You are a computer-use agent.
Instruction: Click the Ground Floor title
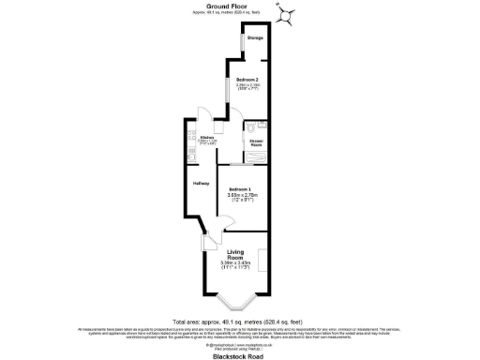pyautogui.click(x=239, y=6)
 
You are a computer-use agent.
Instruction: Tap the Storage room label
pyautogui.click(x=255, y=38)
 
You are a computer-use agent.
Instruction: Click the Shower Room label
pyautogui.click(x=256, y=143)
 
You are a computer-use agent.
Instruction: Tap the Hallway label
pyautogui.click(x=201, y=183)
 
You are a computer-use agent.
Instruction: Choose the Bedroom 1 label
pyautogui.click(x=243, y=189)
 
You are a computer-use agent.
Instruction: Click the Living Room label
pyautogui.click(x=241, y=254)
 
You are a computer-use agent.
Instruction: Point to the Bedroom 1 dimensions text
pyautogui.click(x=243, y=198)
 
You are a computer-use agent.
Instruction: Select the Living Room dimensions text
pyautogui.click(x=241, y=265)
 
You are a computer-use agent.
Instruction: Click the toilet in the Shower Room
pyautogui.click(x=264, y=125)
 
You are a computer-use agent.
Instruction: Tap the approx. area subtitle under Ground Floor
pyautogui.click(x=239, y=12)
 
